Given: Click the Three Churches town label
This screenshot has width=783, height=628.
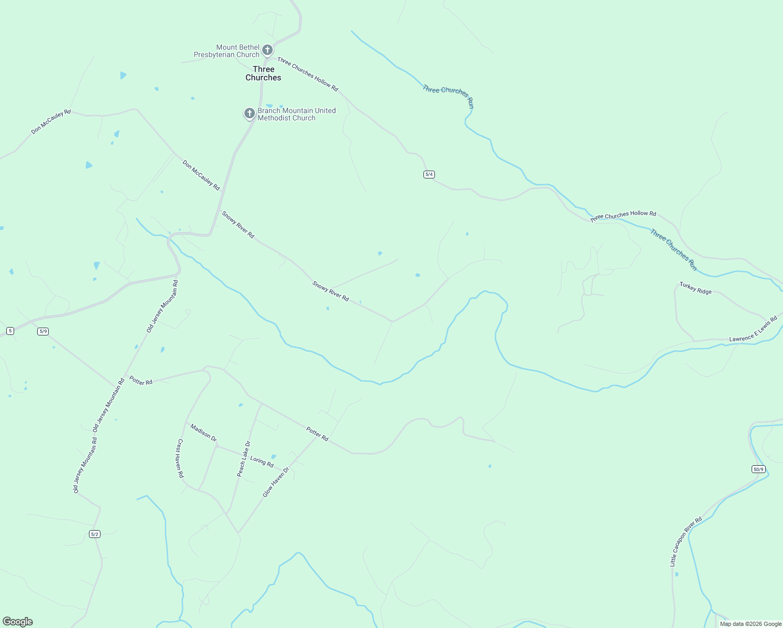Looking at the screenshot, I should (x=263, y=73).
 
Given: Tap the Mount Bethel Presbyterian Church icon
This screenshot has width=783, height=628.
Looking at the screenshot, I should (x=267, y=50).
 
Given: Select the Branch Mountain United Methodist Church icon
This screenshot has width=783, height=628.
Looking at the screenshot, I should (x=250, y=113).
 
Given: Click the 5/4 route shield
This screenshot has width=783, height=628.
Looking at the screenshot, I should (x=429, y=174).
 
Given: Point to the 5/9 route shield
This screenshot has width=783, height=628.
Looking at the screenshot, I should (x=43, y=331).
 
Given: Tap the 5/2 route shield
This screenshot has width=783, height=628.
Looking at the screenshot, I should (x=95, y=534).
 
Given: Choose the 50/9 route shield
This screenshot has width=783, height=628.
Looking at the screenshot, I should (x=758, y=469).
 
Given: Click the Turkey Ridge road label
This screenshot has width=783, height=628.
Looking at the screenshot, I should (x=696, y=288).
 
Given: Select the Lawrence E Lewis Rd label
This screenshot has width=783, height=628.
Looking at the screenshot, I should (x=753, y=329).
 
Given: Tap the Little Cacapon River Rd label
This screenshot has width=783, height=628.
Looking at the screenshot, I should (x=686, y=542).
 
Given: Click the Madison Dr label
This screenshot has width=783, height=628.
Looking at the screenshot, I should (x=204, y=433).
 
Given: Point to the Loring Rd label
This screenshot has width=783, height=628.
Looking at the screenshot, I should (x=262, y=462).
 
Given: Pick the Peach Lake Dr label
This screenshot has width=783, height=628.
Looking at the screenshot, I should (x=244, y=459).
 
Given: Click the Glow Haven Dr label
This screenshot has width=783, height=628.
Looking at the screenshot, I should (x=276, y=482).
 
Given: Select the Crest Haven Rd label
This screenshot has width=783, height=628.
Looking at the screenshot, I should (x=180, y=458).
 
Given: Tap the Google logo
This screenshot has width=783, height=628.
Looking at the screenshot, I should (x=18, y=622).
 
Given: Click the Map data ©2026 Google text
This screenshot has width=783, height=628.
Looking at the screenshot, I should (x=751, y=624).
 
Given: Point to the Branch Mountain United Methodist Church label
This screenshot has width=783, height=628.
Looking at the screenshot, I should (x=296, y=114).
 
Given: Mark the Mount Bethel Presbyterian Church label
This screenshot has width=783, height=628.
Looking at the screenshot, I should (x=227, y=51).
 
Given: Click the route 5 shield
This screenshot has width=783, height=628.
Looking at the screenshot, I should (x=10, y=331).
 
